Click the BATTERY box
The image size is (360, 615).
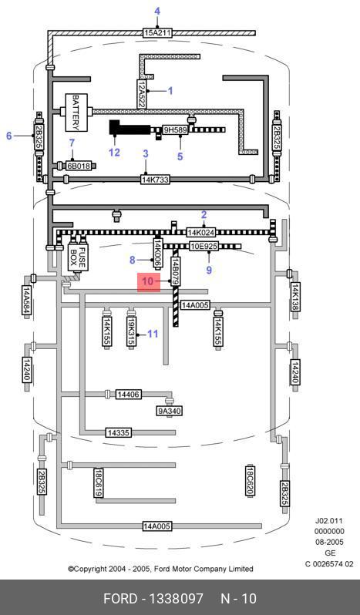tap(76, 113)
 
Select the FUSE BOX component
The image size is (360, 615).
tap(78, 257)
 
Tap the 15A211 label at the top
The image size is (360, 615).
tap(156, 32)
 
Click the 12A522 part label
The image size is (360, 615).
tap(142, 94)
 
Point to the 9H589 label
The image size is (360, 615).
tap(175, 129)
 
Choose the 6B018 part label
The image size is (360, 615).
tap(79, 166)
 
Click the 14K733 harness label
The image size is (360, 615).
tap(155, 180)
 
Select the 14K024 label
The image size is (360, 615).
tap(201, 233)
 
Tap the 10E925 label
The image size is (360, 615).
tap(204, 247)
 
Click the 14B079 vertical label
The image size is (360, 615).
tap(176, 271)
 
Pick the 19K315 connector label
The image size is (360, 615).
tap(131, 331)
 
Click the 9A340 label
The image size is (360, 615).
tap(170, 411)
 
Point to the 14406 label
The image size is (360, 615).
tap(128, 394)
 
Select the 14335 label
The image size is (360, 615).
tap(119, 432)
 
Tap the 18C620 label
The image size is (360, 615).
tap(251, 480)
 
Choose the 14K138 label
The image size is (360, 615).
tap(295, 297)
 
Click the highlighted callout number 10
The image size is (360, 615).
tap(149, 281)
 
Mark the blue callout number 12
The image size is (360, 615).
tap(114, 152)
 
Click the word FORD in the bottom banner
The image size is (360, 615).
tap(121, 599)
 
